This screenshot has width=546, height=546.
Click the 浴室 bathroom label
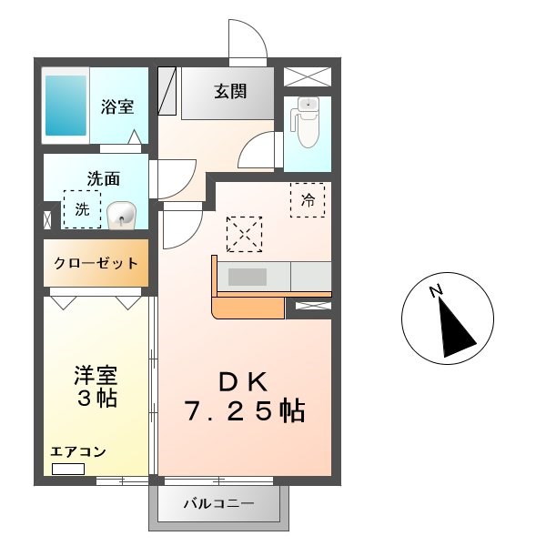(118, 106)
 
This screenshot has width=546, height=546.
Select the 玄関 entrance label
(230, 92)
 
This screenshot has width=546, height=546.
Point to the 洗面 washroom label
(104, 179)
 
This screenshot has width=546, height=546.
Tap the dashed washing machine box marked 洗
(82, 209)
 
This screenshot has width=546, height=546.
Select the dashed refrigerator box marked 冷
(308, 200)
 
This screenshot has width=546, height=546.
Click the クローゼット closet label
(96, 264)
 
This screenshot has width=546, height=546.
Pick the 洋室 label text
(96, 375)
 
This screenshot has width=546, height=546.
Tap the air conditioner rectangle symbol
(67, 469)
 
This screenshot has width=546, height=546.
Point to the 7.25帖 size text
(245, 411)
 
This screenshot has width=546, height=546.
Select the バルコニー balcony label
(218, 503)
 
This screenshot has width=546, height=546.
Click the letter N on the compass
(436, 290)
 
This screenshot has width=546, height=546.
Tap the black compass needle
(456, 325)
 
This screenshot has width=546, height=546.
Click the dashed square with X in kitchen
(243, 234)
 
